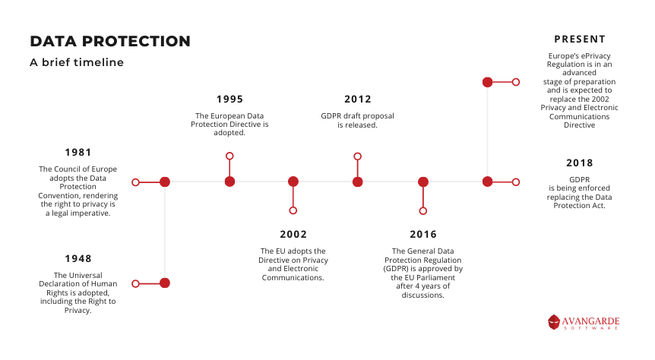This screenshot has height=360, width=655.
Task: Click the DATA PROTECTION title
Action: click(x=110, y=41)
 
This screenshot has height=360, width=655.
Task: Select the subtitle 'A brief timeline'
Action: click(x=77, y=62)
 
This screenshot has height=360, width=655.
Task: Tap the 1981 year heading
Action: click(x=78, y=153)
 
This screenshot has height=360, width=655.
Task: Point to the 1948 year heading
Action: click(x=78, y=259)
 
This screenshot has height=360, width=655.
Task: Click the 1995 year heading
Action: click(x=229, y=99)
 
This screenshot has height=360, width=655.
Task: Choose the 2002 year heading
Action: click(x=293, y=234)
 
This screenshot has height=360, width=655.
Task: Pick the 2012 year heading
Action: click(x=358, y=99)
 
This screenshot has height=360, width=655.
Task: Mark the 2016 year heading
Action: click(x=423, y=234)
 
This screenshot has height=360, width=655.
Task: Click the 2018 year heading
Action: click(x=579, y=163)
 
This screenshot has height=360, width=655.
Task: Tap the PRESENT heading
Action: click(x=580, y=39)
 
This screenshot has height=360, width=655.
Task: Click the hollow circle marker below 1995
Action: click(x=229, y=156)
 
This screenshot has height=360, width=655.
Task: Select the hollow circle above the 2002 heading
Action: click(x=293, y=210)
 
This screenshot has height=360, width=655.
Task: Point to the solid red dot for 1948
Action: click(x=165, y=283)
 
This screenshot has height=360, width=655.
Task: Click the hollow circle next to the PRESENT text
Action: click(x=516, y=82)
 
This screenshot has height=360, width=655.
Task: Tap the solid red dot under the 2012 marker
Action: click(x=358, y=182)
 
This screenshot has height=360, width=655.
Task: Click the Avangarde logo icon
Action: click(x=554, y=322)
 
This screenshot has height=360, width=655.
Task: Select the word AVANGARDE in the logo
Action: click(x=590, y=321)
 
